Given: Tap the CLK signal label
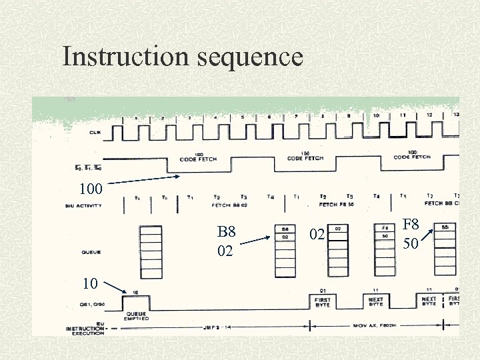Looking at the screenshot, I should point(95,132).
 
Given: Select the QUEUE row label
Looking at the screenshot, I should point(91,252).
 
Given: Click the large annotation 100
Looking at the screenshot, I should point(90,189).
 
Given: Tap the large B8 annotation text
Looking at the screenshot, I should point(227,232).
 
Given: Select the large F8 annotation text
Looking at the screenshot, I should point(411,225).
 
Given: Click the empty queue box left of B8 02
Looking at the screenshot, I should point(151,251).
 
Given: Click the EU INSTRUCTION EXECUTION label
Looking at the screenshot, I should point(85,329).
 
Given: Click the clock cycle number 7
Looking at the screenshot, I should point(295,117).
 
